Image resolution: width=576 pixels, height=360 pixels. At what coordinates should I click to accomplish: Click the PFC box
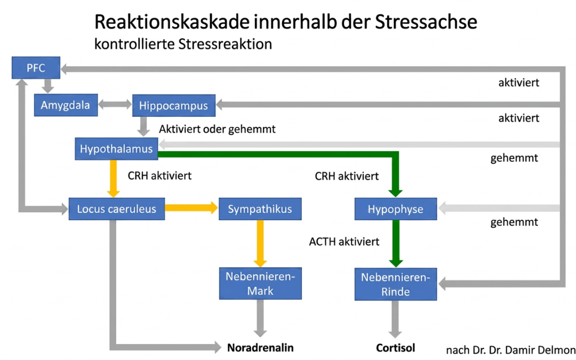36,68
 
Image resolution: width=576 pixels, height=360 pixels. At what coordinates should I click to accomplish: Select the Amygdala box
66,105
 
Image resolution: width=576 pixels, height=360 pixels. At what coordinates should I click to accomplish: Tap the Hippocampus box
173,106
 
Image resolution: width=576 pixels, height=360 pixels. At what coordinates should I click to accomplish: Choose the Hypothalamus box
116,149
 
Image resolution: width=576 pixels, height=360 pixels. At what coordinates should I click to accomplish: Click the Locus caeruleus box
116,209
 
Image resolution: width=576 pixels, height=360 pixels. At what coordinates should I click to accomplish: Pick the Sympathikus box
260,209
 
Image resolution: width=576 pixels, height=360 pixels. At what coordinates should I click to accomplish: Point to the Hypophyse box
395,209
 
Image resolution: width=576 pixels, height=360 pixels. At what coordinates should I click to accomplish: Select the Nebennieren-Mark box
260,284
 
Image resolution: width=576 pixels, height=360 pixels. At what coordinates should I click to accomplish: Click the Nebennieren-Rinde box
396,284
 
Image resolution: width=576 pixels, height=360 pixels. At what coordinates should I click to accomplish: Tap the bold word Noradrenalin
260,348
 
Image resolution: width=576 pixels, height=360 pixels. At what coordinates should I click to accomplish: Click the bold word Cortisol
395,348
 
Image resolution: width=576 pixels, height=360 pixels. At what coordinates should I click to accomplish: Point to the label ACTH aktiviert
344,242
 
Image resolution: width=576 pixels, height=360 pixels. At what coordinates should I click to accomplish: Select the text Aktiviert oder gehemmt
217,129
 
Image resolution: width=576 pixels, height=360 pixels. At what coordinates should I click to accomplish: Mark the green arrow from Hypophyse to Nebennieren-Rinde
395,243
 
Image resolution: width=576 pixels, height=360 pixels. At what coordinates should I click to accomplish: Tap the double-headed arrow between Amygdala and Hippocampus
115,105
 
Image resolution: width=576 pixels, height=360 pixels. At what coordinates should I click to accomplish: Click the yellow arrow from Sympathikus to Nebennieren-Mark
260,243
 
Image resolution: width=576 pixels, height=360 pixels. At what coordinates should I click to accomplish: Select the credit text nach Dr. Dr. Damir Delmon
510,350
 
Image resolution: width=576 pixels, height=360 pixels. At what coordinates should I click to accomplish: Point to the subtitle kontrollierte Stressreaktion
183,44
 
